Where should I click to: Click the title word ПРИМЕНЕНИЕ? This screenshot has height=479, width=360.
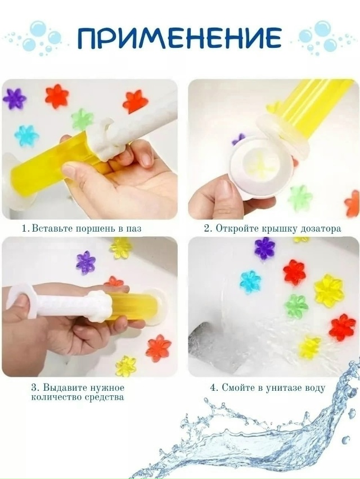[x=179, y=38]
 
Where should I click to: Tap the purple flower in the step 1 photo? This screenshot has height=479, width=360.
[x=15, y=98]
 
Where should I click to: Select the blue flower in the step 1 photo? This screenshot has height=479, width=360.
[x=26, y=135]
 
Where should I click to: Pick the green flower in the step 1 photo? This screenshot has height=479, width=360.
[x=82, y=119]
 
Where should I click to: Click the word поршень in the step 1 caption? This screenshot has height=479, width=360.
[x=97, y=228]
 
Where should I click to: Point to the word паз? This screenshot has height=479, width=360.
[x=134, y=229]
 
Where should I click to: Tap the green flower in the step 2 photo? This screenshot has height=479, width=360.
[x=300, y=198]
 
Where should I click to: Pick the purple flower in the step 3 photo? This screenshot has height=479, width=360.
[x=86, y=263]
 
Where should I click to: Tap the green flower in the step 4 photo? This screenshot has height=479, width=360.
[x=296, y=306]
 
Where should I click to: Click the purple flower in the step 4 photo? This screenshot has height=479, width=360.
[x=265, y=248]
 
